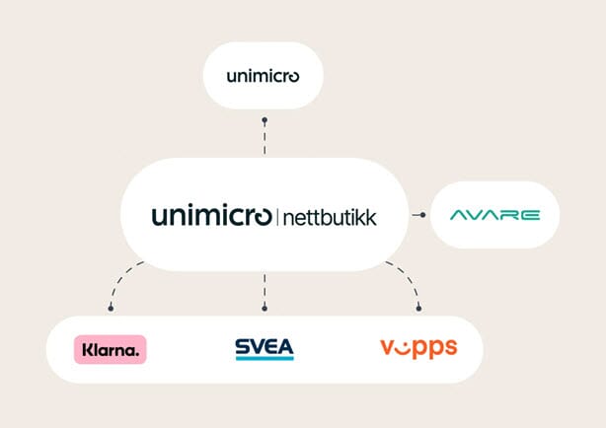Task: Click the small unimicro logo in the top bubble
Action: click(x=263, y=76)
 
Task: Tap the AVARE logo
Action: click(x=493, y=214)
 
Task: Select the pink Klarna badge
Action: click(x=111, y=348)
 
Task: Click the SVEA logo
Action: click(x=264, y=348)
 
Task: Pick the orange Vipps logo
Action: click(x=417, y=347)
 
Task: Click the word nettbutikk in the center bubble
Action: click(x=329, y=216)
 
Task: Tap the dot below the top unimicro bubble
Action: click(x=264, y=120)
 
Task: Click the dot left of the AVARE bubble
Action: click(x=422, y=214)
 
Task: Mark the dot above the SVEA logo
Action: click(x=264, y=309)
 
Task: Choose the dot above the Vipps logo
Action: click(x=418, y=309)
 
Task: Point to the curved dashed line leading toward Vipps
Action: click(x=407, y=280)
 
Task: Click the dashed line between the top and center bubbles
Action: click(x=264, y=139)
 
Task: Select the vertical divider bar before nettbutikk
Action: click(x=277, y=216)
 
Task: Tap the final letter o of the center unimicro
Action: click(x=261, y=216)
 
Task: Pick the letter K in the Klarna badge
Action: click(x=86, y=348)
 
